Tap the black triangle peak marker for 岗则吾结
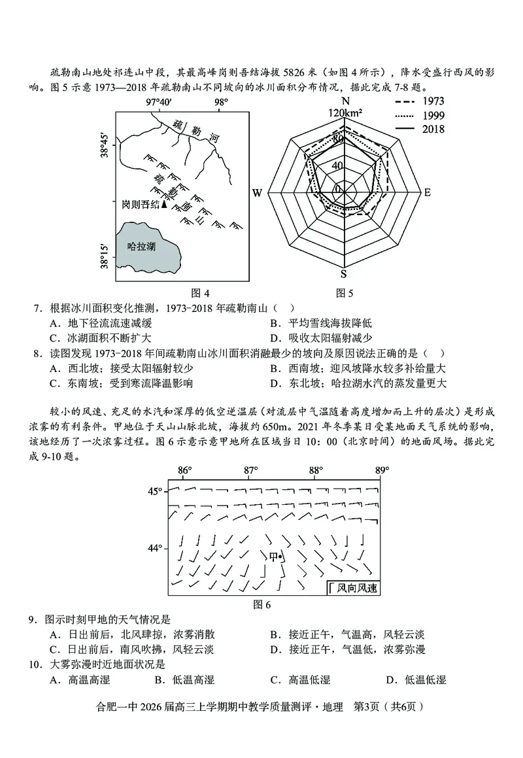[165, 205]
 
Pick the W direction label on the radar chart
[257, 193]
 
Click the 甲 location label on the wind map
[274, 557]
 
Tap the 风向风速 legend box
[354, 588]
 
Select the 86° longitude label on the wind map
[185, 471]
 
